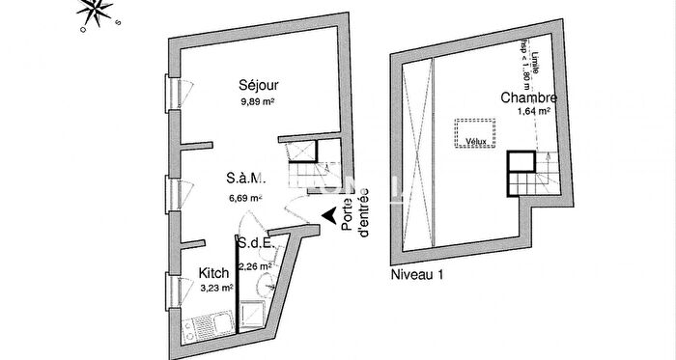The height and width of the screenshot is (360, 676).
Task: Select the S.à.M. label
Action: click(x=245, y=180)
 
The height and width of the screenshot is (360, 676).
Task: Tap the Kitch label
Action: click(x=214, y=273)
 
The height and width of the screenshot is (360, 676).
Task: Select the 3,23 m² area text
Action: click(x=214, y=288)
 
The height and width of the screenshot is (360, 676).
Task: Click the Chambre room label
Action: click(x=527, y=97)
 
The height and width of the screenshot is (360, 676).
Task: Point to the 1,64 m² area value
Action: click(x=534, y=112)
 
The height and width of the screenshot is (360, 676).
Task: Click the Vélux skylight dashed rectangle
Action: click(x=473, y=133)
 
